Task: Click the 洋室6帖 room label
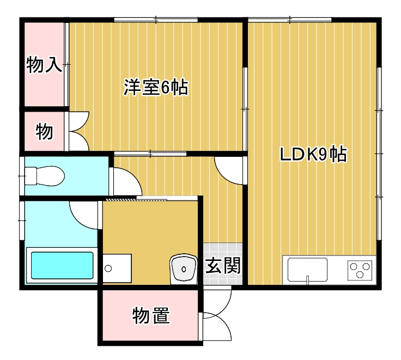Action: point(156,87)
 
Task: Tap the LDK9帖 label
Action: point(313,155)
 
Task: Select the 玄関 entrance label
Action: point(223,266)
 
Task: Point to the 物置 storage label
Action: point(150,315)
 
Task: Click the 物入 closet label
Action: point(44,65)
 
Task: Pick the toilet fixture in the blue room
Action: point(46,176)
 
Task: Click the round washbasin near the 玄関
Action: point(184,269)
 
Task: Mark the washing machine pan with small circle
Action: point(117,269)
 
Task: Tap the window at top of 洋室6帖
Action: point(156,20)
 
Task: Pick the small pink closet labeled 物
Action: point(44,131)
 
